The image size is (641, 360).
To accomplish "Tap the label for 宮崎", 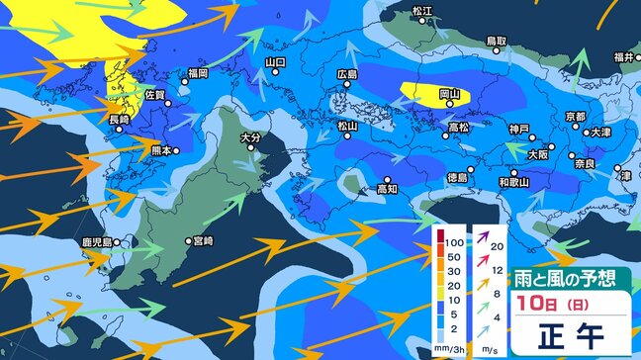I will pos(204,240).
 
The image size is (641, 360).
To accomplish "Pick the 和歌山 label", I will pos(514,183).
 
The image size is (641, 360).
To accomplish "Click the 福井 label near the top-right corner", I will pos(623,57).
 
